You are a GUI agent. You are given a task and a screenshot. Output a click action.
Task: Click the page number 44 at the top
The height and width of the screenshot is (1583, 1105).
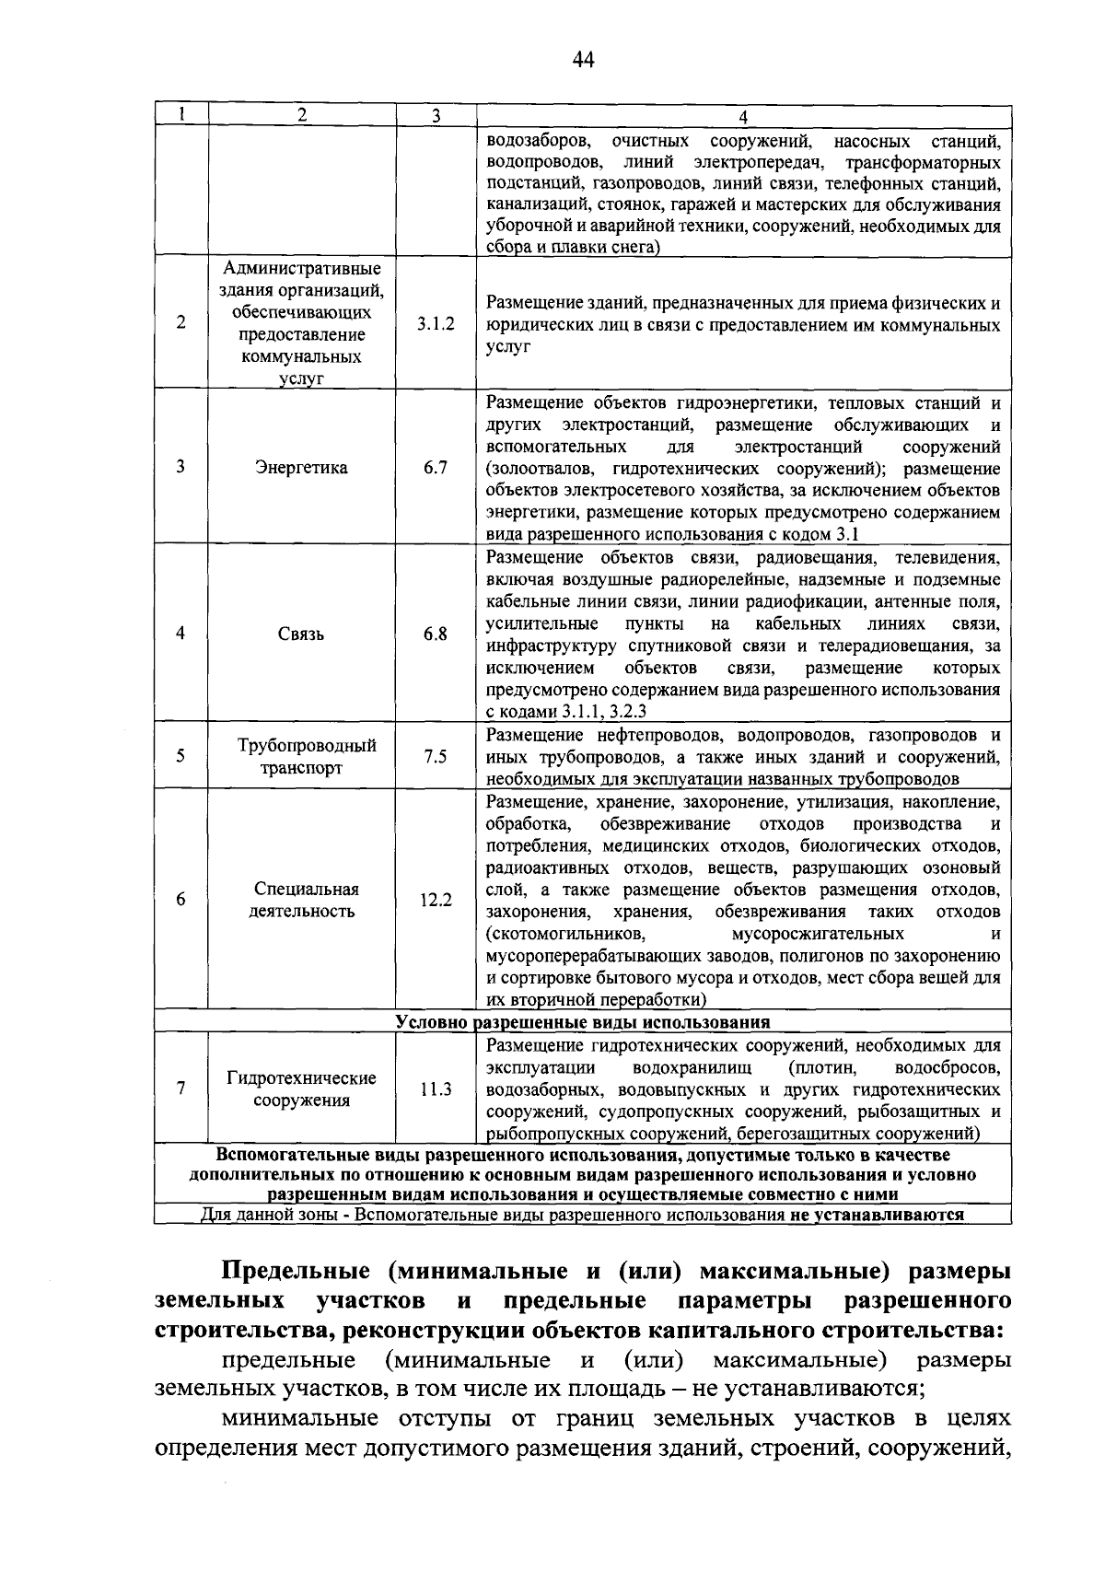point(583,61)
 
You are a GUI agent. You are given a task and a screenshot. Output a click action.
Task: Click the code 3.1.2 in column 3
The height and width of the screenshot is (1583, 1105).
point(435,324)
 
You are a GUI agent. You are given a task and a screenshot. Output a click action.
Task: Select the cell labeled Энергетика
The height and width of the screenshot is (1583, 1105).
point(302,468)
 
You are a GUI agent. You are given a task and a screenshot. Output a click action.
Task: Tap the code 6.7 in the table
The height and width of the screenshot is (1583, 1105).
point(436,468)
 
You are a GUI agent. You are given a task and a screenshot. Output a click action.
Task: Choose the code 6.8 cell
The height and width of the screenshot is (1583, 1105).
point(436,634)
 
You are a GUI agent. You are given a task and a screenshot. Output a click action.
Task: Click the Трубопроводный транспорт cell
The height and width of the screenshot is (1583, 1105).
point(302,757)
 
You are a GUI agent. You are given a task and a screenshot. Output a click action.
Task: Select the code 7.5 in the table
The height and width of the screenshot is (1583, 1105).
point(436,757)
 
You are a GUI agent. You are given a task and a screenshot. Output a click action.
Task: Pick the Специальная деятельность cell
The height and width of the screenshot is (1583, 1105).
point(302,901)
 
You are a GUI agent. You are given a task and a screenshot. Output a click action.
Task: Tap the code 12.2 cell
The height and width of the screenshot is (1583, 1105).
point(436,901)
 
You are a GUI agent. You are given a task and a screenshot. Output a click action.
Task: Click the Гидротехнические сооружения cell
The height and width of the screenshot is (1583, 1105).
point(302,1089)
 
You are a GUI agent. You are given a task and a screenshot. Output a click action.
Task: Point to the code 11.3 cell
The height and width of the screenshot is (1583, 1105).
point(436,1089)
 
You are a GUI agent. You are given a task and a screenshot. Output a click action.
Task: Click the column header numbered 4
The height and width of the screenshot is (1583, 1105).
point(743,116)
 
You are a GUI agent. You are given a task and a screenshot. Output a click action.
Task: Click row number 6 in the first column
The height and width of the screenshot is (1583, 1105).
point(181,900)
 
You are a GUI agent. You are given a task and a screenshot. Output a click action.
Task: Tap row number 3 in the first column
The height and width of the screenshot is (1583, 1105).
point(181,467)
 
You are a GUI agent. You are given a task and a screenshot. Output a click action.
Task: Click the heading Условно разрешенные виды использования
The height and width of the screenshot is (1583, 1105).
point(582,1022)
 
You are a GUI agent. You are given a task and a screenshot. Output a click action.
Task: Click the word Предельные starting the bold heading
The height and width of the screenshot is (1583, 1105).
point(297,1272)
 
